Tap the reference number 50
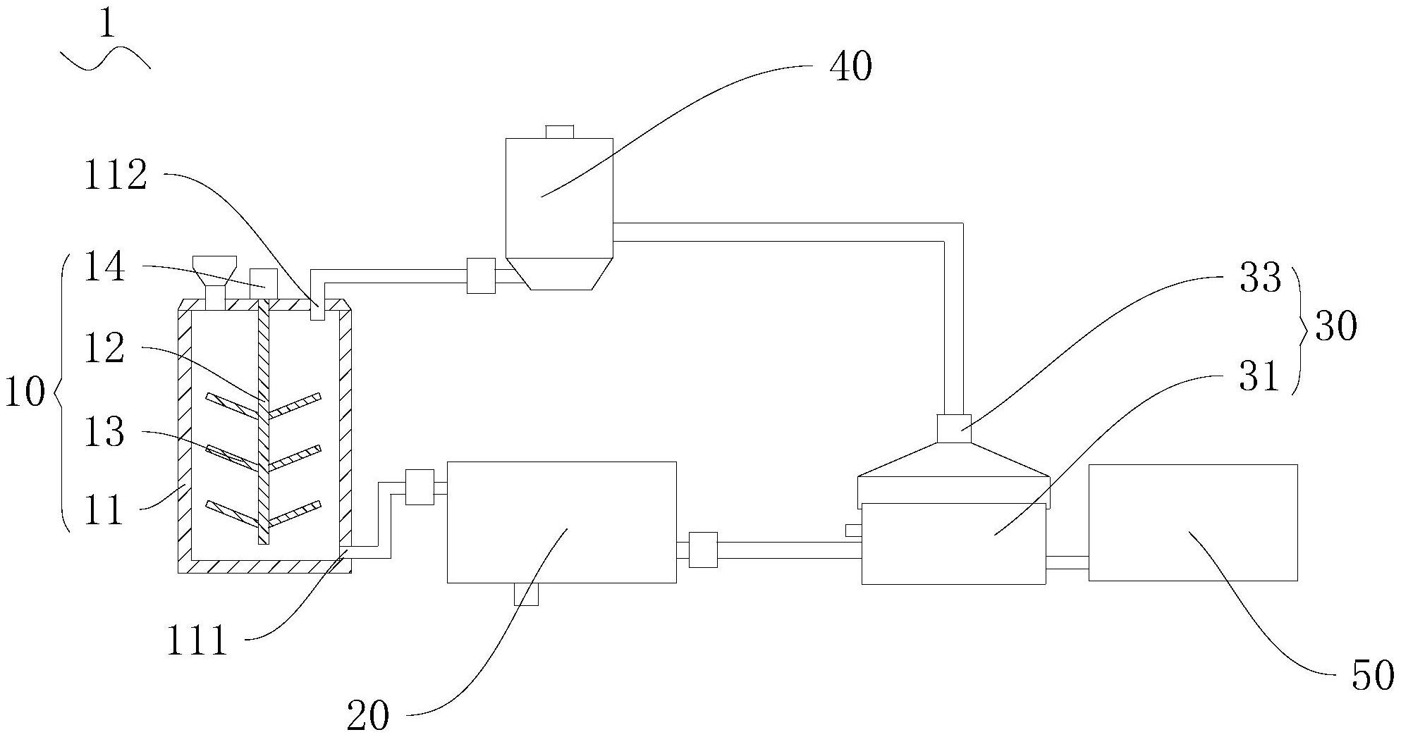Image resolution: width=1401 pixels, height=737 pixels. coord(1372,674)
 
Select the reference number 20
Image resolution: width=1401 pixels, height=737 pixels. coord(368,716)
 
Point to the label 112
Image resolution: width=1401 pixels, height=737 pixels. coord(116,175)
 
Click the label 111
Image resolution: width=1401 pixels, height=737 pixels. coord(197,641)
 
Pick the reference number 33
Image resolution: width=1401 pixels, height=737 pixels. coord(1260,278)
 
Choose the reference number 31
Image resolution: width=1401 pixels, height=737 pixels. coord(1259,377)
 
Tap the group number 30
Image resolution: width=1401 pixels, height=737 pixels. coord(1335,328)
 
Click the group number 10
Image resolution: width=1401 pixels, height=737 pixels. coord(25,392)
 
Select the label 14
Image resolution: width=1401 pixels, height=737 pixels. coord(104,268)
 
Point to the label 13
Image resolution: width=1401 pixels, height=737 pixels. coord(104,431)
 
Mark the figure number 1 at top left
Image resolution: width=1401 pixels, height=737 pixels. coord(106,25)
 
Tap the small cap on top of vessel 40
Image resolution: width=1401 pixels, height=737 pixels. coord(560,132)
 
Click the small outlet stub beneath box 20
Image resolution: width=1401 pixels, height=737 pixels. coord(526,594)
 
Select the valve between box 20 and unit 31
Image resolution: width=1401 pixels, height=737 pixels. coord(703,550)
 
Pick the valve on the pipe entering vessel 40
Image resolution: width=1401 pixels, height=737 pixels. coord(481,275)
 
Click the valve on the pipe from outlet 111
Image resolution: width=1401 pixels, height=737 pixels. coord(420,487)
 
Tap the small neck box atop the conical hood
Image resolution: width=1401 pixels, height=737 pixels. coord(953,428)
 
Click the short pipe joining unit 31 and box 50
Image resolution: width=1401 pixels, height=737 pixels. coord(1067,562)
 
